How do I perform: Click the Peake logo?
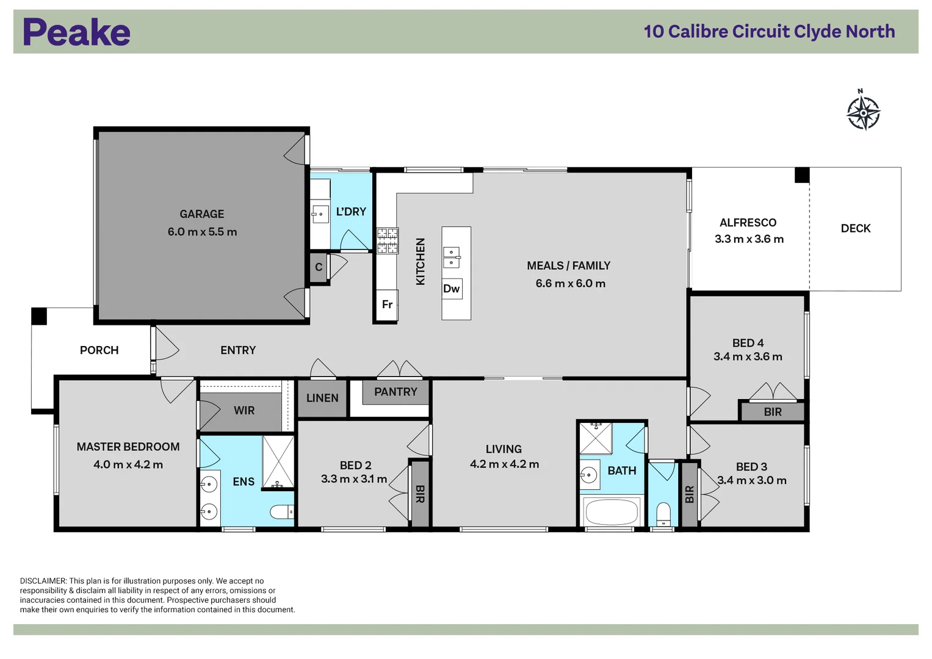(76, 32)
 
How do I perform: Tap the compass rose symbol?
(863, 112)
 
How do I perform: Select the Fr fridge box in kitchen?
(387, 304)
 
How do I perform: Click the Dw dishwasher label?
(452, 289)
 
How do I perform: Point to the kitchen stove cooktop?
(388, 240)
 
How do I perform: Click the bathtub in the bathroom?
(611, 511)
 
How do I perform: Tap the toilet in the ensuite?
(283, 511)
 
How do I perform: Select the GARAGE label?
(201, 214)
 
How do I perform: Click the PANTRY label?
(396, 392)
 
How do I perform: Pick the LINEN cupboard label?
(322, 398)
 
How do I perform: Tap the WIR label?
(244, 411)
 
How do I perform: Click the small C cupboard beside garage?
(319, 267)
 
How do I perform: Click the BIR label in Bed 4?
(772, 412)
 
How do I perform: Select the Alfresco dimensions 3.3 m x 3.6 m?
(749, 239)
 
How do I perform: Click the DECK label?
(855, 228)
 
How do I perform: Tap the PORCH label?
(99, 350)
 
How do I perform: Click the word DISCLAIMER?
(43, 581)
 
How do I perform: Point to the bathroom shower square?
(595, 438)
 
